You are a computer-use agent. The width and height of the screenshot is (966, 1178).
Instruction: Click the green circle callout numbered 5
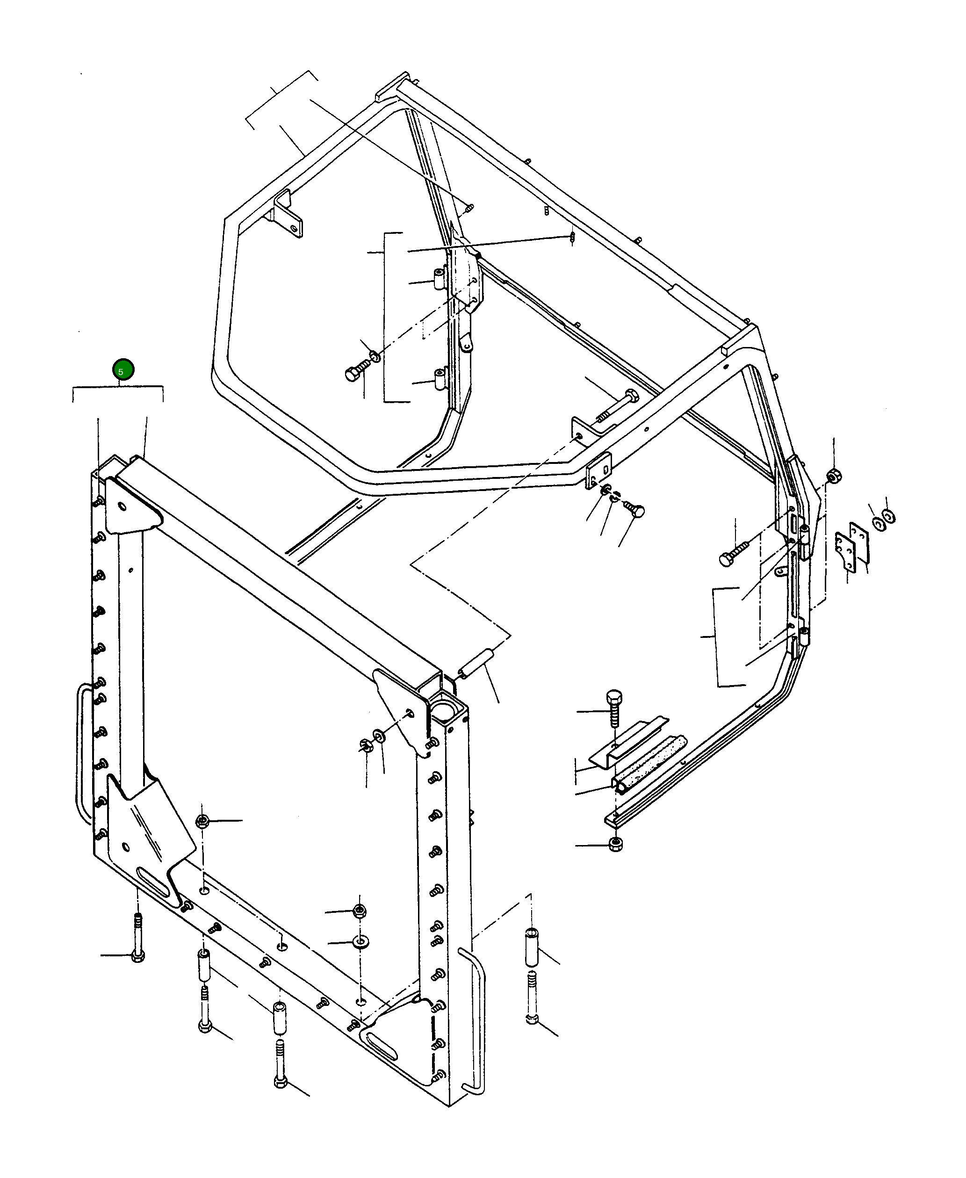[x=123, y=369]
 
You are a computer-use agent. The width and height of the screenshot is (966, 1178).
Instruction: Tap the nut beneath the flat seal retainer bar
[x=615, y=844]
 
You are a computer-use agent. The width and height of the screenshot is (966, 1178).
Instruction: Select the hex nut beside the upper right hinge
[x=834, y=477]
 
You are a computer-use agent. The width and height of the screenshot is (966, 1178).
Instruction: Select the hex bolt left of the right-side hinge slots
[x=734, y=556]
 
